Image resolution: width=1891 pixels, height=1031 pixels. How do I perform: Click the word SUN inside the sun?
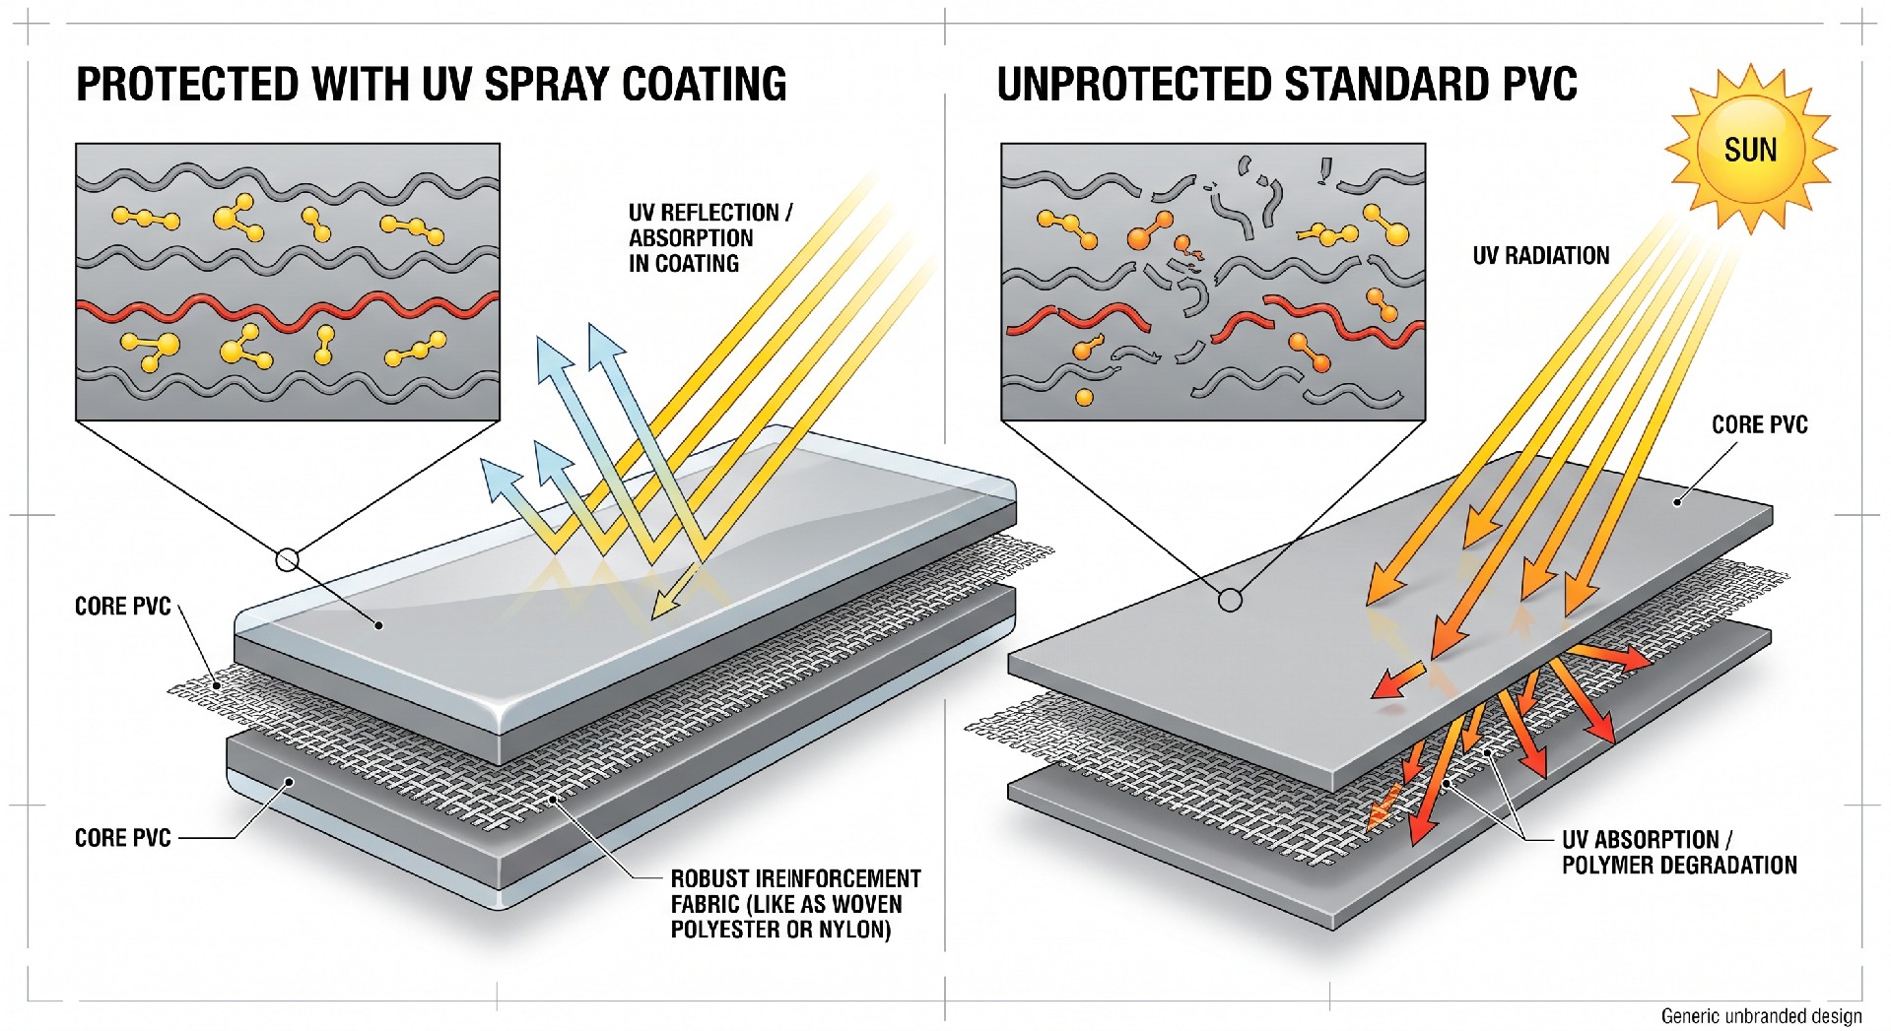click(1750, 150)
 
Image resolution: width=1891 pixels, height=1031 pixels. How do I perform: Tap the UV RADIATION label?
click(1540, 256)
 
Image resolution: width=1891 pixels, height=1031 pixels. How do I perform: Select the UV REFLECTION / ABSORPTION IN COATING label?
click(709, 238)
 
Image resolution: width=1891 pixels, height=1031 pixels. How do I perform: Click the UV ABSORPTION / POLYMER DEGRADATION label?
click(1679, 853)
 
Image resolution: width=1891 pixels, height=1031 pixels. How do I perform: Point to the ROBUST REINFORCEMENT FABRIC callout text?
click(795, 904)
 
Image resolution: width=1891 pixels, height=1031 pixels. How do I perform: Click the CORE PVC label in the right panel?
click(1759, 424)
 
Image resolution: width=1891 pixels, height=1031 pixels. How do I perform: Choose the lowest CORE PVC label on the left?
click(123, 838)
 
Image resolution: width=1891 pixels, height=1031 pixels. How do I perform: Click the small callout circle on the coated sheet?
click(287, 560)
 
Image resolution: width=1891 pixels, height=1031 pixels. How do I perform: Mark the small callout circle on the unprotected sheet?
click(1230, 599)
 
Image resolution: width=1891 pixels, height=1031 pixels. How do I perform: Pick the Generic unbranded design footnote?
click(1761, 1016)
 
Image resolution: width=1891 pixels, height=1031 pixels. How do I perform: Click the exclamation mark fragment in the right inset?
click(1324, 171)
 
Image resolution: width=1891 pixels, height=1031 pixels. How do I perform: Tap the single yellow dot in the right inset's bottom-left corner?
click(1084, 398)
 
